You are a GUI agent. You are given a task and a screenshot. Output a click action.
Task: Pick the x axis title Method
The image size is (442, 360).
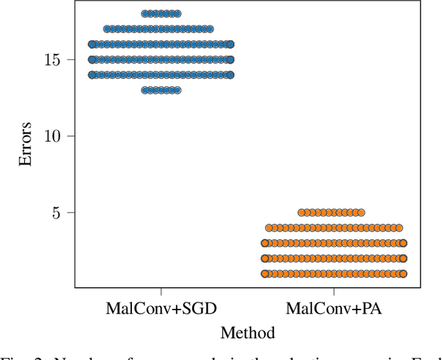247,333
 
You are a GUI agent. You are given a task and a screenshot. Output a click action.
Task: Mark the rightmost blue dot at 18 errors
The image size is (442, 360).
177,14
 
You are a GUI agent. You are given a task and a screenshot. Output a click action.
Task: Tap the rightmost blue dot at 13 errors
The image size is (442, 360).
177,91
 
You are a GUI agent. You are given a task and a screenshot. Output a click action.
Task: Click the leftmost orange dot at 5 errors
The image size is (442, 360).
301,212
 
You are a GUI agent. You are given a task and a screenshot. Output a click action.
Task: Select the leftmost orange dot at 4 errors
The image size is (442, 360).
269,227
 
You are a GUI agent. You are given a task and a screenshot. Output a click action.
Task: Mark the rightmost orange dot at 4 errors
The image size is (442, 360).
398,227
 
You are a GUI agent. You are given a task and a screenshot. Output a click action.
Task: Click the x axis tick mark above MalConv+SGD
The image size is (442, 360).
161,290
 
